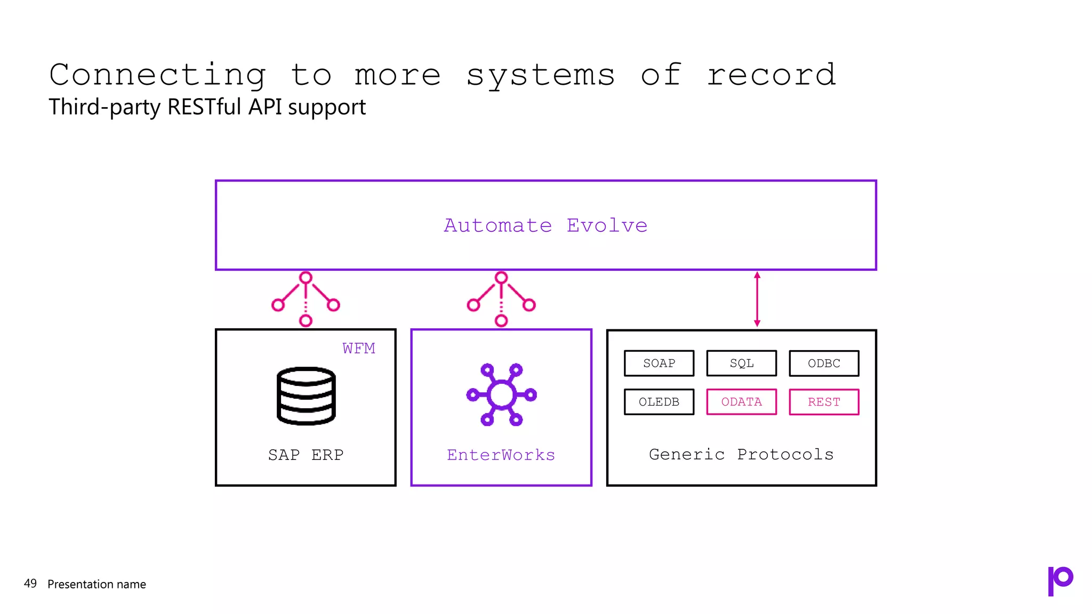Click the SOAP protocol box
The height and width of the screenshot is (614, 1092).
[659, 363]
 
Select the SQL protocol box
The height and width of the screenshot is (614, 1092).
[741, 363]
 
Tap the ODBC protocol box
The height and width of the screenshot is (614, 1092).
[824, 363]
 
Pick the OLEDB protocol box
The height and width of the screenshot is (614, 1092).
[659, 402]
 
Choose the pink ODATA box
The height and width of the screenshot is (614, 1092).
[741, 402]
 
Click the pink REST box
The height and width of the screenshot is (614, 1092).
[824, 402]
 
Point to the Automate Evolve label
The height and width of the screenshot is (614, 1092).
[545, 225]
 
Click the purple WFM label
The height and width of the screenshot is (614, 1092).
[359, 349]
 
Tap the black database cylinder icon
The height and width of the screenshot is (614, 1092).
[306, 395]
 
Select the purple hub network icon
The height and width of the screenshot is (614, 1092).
[501, 395]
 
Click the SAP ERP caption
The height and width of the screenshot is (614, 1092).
[306, 455]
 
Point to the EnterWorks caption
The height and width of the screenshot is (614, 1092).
[501, 455]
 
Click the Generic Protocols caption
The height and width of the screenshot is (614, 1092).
[741, 454]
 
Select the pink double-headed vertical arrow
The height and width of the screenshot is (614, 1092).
[757, 299]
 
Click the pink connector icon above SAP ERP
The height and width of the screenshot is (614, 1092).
[306, 299]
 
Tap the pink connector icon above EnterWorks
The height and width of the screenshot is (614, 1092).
[501, 299]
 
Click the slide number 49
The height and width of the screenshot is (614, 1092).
[30, 584]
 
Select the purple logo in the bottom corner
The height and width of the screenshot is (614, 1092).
[1060, 580]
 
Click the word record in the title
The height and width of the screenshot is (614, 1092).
[771, 75]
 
